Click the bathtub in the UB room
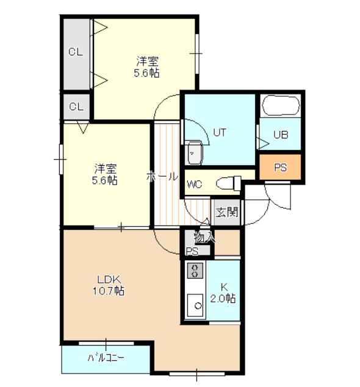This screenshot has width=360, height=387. (281, 105)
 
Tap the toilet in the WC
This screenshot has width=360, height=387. (228, 183)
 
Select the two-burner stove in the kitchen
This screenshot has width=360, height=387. (195, 270)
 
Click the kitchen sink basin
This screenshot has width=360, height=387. (195, 305)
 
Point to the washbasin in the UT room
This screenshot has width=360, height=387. (195, 152)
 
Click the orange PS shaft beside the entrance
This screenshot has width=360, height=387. (280, 167)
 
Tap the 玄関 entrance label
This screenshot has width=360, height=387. (226, 212)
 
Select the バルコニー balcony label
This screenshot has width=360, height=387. (106, 358)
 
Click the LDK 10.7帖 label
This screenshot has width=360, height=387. (109, 286)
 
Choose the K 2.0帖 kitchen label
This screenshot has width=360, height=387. (223, 293)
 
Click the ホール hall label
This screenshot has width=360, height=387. (162, 177)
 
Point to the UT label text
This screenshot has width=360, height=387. (220, 133)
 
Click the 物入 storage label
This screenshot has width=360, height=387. (204, 238)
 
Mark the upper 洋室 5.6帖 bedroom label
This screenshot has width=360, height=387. (147, 67)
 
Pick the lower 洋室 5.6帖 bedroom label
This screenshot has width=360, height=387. (105, 174)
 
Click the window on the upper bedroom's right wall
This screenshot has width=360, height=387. (197, 53)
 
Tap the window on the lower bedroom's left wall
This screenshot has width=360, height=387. (61, 159)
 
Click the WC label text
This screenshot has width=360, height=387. (195, 185)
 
